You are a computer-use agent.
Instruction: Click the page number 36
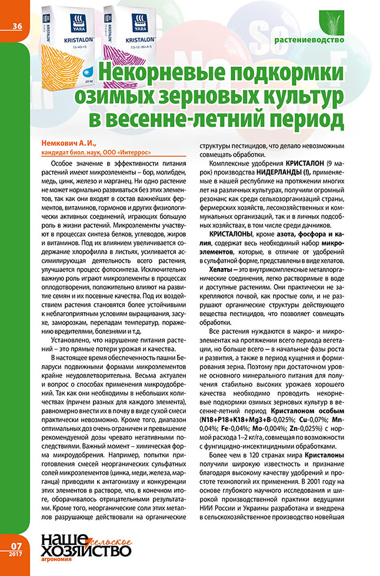(x=16, y=25)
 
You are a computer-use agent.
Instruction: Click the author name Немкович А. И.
(x=65, y=143)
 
